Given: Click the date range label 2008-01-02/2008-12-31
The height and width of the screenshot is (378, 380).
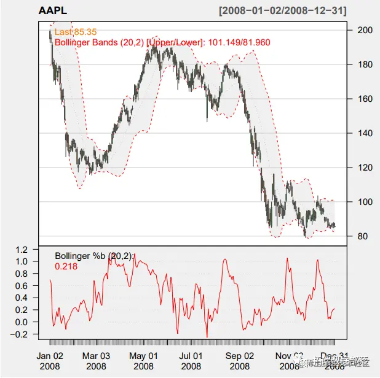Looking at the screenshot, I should [282, 10].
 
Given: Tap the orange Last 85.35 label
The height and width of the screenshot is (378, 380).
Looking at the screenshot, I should [76, 31].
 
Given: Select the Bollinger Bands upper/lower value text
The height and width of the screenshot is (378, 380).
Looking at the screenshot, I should [162, 42].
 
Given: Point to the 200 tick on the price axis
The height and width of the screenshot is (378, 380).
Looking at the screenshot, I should [365, 30].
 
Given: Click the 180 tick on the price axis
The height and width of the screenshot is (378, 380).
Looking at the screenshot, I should [365, 64].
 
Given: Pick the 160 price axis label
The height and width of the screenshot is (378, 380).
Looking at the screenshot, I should [365, 99].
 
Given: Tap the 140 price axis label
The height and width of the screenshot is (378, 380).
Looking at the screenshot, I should [365, 133].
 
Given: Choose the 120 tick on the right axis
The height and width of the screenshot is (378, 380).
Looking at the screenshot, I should [365, 168].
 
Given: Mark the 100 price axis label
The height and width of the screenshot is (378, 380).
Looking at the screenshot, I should [365, 202].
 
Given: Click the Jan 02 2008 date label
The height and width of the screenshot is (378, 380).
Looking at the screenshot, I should [49, 361].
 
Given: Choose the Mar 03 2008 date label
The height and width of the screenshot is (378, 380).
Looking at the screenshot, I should [97, 361].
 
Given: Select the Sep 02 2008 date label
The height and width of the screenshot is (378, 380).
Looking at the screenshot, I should [240, 361].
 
